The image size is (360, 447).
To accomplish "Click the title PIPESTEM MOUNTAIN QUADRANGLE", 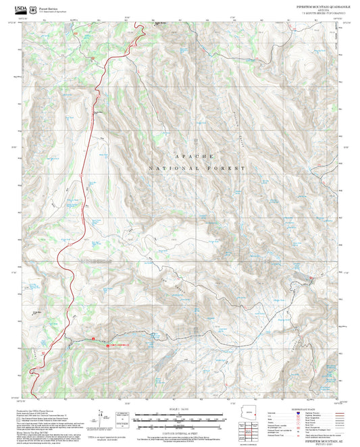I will point(315,5).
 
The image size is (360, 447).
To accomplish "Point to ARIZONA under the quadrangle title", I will point(315,9).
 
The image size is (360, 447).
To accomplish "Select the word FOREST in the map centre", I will point(230,167).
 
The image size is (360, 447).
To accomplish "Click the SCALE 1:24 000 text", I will point(180,409).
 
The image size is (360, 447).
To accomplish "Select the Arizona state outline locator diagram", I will point(247,410).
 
